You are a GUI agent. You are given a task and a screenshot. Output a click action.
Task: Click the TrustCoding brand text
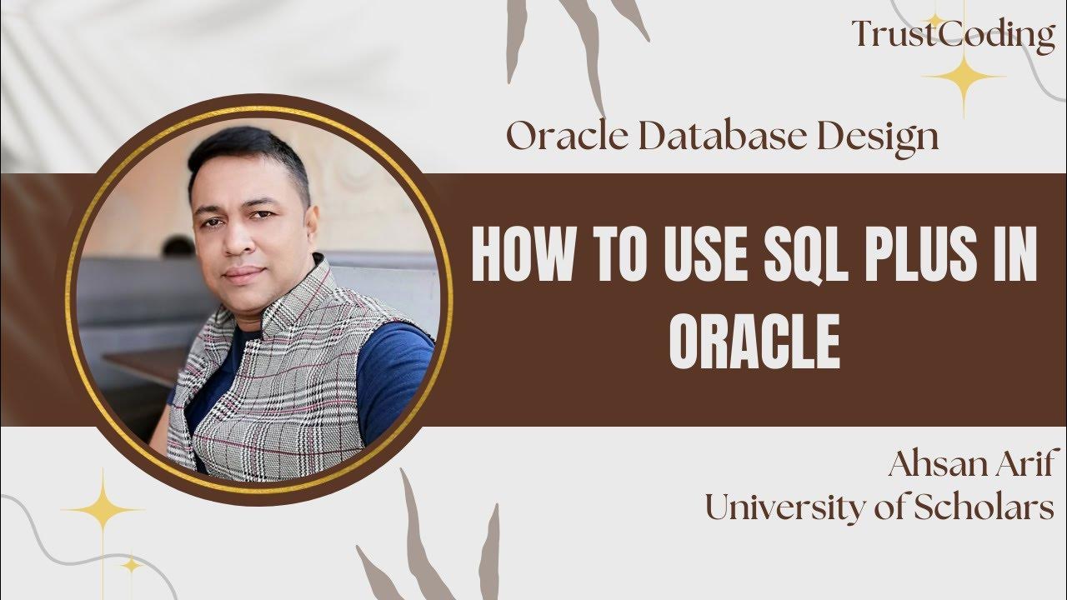953,35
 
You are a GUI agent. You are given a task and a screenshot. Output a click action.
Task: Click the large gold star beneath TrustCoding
964,77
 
